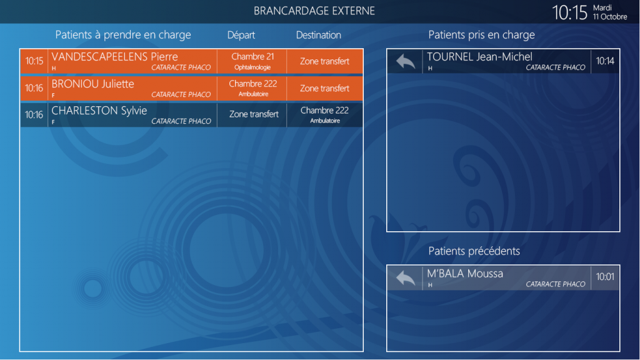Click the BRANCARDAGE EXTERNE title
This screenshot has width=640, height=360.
click(314, 11)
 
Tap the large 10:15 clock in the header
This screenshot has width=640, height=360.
click(569, 12)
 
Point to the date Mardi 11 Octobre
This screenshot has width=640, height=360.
click(610, 12)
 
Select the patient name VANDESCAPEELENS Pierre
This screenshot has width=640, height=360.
click(115, 57)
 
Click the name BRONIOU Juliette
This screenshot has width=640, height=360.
click(92, 84)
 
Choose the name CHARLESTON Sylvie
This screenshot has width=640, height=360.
click(99, 111)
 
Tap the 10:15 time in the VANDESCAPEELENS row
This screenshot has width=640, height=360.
click(34, 61)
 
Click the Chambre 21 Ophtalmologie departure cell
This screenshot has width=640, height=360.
click(252, 61)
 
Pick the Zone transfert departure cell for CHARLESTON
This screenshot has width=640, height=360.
click(254, 114)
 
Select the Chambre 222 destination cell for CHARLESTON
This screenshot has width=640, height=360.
click(324, 115)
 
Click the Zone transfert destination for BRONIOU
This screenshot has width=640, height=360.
click(324, 88)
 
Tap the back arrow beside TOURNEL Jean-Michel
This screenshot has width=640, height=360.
click(405, 62)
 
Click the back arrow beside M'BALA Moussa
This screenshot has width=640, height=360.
click(405, 278)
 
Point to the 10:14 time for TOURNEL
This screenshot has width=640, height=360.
click(605, 61)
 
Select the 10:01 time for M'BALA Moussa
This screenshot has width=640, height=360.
click(605, 277)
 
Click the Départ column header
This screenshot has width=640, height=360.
click(241, 35)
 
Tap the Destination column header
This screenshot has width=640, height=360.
click(318, 35)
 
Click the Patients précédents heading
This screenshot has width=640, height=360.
click(474, 251)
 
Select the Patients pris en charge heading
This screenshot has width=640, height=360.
click(481, 35)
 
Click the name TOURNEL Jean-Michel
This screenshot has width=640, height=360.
click(479, 57)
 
